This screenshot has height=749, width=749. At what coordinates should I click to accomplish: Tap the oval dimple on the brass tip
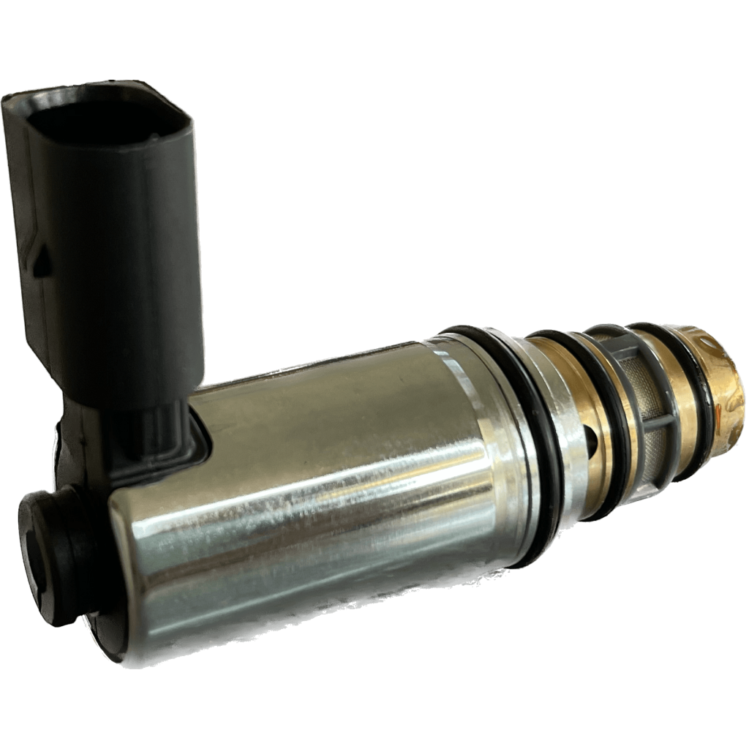coord(720,358)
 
